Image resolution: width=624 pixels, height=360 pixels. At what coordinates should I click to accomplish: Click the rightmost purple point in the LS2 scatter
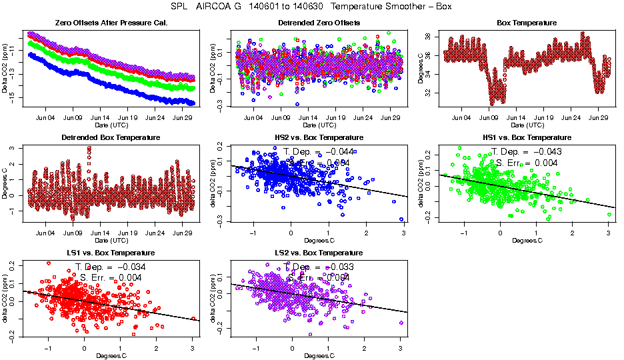tap(401, 323)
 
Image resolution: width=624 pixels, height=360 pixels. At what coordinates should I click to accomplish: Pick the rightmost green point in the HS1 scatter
tap(609, 214)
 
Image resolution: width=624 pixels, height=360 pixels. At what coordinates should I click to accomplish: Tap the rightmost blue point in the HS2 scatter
tap(401, 219)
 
